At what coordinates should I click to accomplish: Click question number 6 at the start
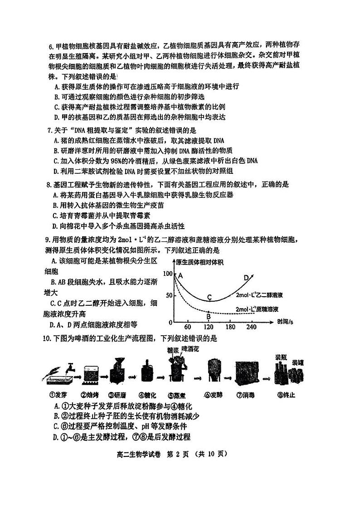(51, 46)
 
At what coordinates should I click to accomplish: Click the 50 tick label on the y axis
(169, 295)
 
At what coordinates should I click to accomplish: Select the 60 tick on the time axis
(187, 328)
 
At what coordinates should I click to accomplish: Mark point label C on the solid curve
(209, 297)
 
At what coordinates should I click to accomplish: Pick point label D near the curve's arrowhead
(246, 278)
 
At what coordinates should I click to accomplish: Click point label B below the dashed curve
(209, 316)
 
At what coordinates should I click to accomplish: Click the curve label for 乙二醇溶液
(259, 295)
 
